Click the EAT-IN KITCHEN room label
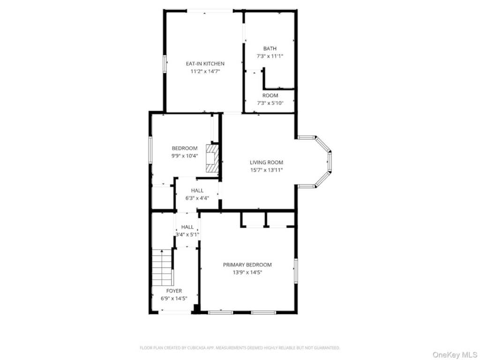pyautogui.click(x=205, y=64)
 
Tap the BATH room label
pyautogui.click(x=270, y=48)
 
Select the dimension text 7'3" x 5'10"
pyautogui.click(x=270, y=103)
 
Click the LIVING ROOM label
pyautogui.click(x=266, y=163)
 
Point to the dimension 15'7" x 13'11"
pyautogui.click(x=266, y=170)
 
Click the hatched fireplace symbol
pyautogui.click(x=212, y=159)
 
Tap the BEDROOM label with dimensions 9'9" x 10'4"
pyautogui.click(x=185, y=148)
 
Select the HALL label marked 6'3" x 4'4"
pyautogui.click(x=197, y=190)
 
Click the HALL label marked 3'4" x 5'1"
pyautogui.click(x=187, y=227)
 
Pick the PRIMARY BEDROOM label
pyautogui.click(x=247, y=265)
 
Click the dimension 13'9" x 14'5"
pyautogui.click(x=247, y=272)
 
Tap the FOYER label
pyautogui.click(x=174, y=291)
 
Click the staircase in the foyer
pyautogui.click(x=162, y=267)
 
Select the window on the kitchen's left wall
pyautogui.click(x=165, y=64)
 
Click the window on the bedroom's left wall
pyautogui.click(x=150, y=150)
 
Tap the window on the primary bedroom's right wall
pyautogui.click(x=296, y=270)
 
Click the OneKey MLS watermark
pyautogui.click(x=455, y=355)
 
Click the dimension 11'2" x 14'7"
pyautogui.click(x=205, y=71)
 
